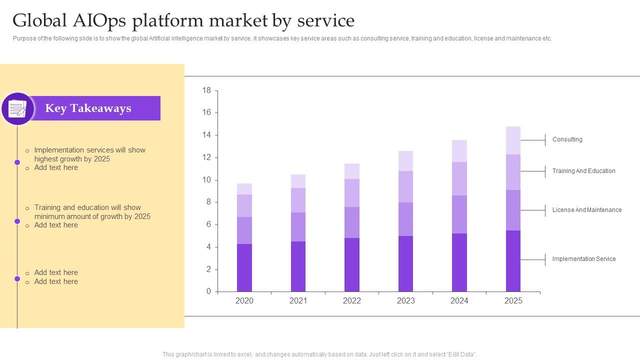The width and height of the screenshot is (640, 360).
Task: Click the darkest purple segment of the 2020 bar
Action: click(x=244, y=267)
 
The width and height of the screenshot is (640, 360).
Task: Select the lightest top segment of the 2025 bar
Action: click(x=513, y=140)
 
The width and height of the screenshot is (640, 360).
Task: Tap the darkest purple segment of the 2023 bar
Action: click(x=405, y=263)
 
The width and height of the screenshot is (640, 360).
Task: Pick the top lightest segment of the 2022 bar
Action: click(x=352, y=171)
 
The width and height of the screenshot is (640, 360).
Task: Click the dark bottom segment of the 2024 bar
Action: click(x=459, y=262)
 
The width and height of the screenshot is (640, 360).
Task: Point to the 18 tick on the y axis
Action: click(x=206, y=90)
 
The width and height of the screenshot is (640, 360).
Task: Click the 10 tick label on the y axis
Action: click(x=206, y=180)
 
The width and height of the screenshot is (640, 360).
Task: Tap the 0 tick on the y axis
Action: click(x=209, y=291)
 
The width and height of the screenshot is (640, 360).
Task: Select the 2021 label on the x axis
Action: click(x=298, y=300)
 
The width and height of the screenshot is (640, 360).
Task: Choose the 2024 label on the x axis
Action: click(x=459, y=300)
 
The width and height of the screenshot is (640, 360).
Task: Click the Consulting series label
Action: click(x=567, y=139)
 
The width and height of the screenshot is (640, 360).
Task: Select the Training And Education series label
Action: click(x=583, y=171)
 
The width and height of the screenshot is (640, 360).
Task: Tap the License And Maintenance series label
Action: click(x=586, y=210)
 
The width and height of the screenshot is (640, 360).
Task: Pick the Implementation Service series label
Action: click(x=583, y=259)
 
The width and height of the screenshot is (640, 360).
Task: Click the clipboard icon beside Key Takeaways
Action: click(x=18, y=108)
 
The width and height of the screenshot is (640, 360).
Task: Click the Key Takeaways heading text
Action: click(x=88, y=108)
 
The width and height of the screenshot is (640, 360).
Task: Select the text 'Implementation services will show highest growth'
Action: click(x=89, y=154)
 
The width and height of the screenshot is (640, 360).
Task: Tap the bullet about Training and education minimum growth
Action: click(x=92, y=212)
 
